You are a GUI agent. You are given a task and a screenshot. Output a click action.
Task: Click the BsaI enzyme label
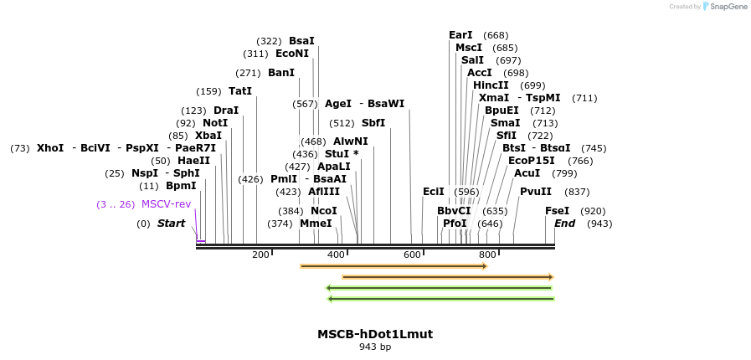coord(301,41)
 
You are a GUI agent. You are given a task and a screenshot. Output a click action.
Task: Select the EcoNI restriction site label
coord(292,54)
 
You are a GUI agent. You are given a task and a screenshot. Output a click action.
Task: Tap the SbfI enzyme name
coord(373,123)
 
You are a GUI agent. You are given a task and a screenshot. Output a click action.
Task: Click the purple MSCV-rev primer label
coord(166,204)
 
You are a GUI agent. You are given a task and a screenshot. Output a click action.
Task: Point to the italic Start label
coord(171,224)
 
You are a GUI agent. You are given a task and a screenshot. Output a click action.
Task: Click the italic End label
coord(564,224)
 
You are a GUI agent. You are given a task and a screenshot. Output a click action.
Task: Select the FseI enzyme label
coord(557,211)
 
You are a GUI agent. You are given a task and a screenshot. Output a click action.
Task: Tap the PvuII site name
coord(536,192)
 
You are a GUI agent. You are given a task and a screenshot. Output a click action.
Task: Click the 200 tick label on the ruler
coord(260,255)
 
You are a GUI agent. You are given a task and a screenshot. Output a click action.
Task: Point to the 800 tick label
coord(487,255)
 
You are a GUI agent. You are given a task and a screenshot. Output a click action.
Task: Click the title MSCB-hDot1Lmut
coord(375,334)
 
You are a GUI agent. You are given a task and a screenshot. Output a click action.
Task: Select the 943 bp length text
coord(375,347)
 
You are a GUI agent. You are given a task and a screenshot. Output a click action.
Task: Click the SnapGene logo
coord(725,7)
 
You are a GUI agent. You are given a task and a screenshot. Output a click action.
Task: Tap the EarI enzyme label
coord(460,35)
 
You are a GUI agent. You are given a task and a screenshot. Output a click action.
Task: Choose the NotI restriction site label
coord(215,123)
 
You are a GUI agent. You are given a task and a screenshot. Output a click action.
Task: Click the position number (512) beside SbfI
coord(342,123)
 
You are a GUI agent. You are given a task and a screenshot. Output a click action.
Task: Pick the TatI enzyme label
coord(240,91)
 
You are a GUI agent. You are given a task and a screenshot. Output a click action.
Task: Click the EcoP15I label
coord(532,161)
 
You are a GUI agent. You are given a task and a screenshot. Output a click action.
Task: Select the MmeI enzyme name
coord(316,224)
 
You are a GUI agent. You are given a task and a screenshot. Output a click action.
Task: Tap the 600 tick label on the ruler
coord(412,255)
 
